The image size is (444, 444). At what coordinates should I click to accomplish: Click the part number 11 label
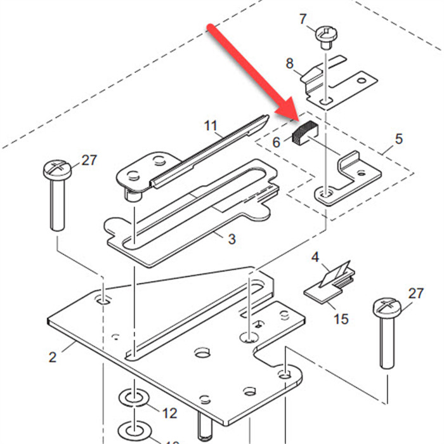(211, 125)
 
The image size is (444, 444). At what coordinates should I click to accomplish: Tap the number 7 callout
(303, 19)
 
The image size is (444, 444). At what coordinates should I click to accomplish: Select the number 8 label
(290, 63)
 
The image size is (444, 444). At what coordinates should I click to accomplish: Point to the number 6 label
(277, 143)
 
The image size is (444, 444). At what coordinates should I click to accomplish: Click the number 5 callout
(399, 138)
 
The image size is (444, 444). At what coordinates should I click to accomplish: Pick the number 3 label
(232, 238)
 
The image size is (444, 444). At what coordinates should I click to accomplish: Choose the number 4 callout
(316, 258)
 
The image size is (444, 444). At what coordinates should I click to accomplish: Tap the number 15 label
(341, 318)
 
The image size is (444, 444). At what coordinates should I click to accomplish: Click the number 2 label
(53, 356)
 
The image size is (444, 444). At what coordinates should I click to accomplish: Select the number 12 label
(169, 414)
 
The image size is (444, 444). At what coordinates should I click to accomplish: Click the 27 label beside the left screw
(89, 160)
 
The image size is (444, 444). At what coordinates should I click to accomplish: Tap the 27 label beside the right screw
(415, 293)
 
